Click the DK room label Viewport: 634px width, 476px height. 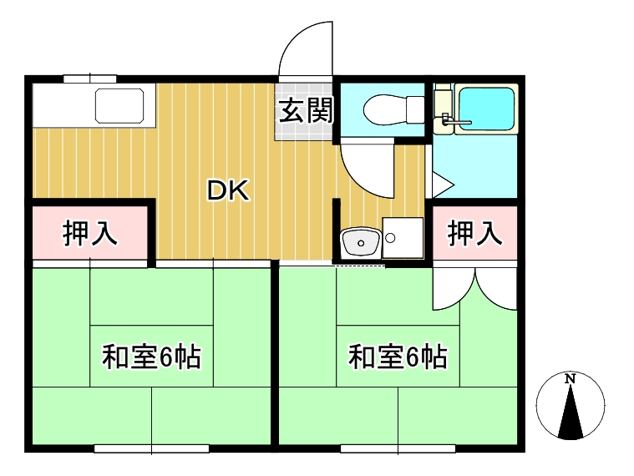[x=228, y=190]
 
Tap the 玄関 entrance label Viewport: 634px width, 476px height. [x=306, y=110]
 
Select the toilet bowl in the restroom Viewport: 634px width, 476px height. [x=393, y=110]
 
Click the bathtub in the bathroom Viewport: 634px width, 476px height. [x=486, y=109]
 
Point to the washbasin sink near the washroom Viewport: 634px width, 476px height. [x=361, y=241]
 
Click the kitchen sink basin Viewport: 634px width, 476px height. [x=119, y=105]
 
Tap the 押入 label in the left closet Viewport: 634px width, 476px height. [x=89, y=233]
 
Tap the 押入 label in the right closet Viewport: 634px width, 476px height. [x=474, y=233]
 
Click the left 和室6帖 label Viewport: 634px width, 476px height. [x=151, y=357]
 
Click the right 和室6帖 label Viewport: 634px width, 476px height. [x=398, y=357]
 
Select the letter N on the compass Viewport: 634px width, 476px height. [x=571, y=378]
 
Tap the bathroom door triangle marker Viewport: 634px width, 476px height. [x=443, y=185]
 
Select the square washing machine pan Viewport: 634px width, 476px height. [x=403, y=238]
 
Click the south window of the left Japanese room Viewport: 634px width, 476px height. [x=151, y=448]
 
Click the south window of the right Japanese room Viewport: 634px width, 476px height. [x=398, y=448]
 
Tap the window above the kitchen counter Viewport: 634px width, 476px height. [x=89, y=78]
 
